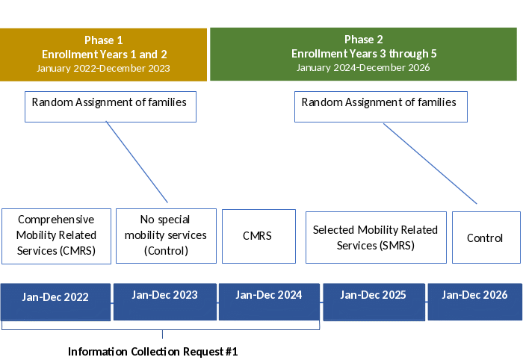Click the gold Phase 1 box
tap(103, 55)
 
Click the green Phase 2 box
tap(363, 54)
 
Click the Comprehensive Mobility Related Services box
tap(56, 235)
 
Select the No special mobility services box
tap(165, 235)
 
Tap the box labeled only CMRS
tap(257, 236)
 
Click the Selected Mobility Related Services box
tap(375, 237)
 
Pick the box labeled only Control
tap(485, 238)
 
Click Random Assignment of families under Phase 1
tap(109, 102)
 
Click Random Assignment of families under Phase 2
tap(379, 102)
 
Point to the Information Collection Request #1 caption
tap(152, 351)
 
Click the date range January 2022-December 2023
tap(103, 68)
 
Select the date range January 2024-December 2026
tap(363, 67)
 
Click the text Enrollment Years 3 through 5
tap(363, 54)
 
